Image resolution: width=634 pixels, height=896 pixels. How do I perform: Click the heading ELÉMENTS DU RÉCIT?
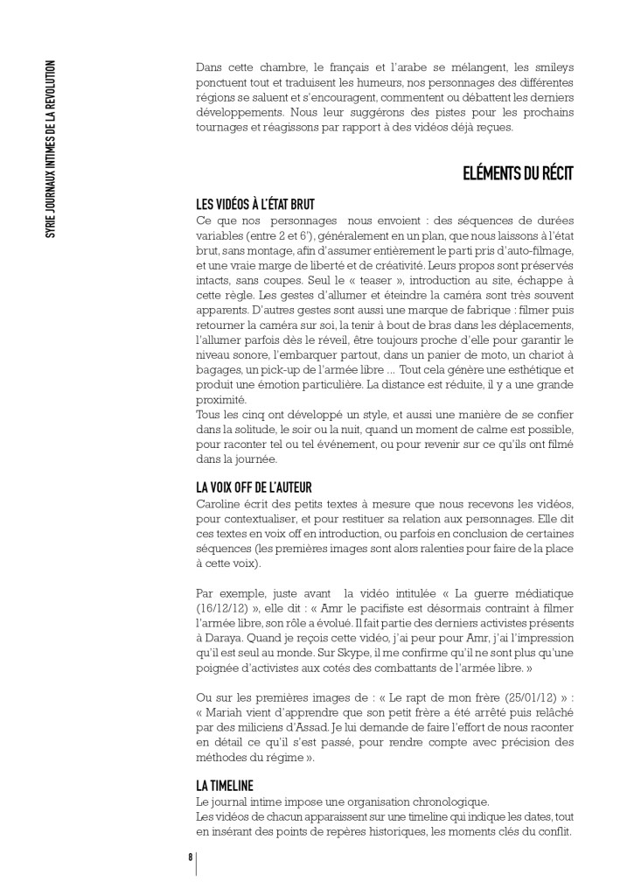517,173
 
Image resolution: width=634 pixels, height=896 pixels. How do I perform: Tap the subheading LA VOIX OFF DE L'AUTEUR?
254,486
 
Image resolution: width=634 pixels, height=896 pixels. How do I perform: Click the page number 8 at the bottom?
190,857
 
